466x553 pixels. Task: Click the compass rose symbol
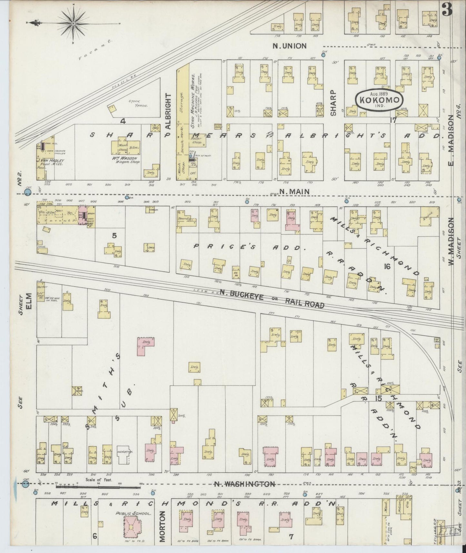(74, 23)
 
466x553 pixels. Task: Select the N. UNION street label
(289, 46)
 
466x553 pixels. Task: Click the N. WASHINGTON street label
(245, 484)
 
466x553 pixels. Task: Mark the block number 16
(387, 266)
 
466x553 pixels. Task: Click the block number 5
(114, 236)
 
